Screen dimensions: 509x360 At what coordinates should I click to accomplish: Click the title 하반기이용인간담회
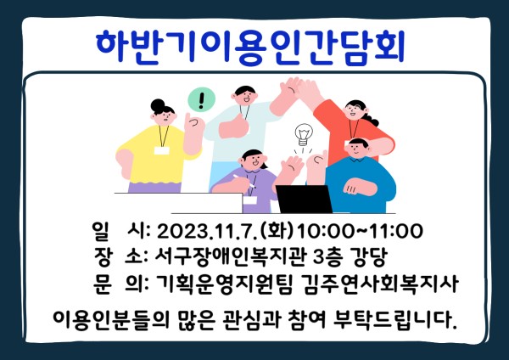coord(250,46)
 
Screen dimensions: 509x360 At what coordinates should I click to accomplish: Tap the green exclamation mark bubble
coord(202,99)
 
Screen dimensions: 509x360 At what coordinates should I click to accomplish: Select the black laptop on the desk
coord(305,199)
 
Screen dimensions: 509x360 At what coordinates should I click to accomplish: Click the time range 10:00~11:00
coord(360,231)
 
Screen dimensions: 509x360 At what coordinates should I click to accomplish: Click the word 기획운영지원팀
coord(224,284)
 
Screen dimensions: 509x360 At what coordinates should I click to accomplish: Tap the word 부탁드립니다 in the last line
coord(395,319)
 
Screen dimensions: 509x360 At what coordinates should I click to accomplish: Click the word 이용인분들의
coord(111,320)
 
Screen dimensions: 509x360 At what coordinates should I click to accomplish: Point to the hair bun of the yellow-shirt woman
coord(158,105)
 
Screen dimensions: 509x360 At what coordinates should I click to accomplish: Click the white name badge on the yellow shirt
coord(162,150)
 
